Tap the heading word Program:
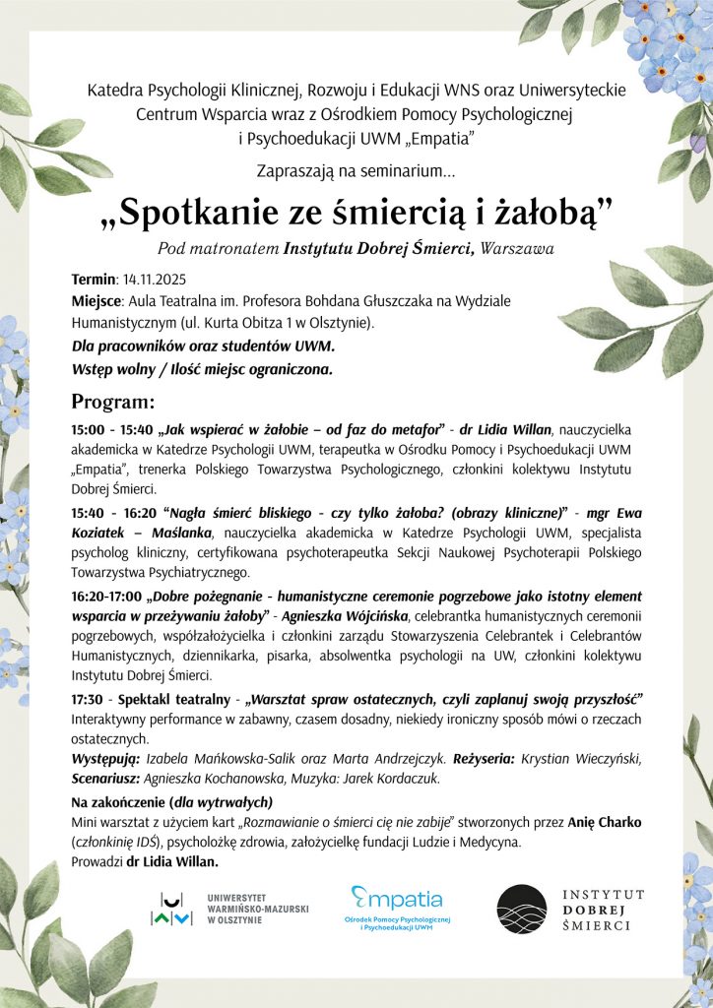[x=113, y=402]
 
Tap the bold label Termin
[x=94, y=279]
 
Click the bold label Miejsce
[x=96, y=299]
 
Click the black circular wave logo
[x=521, y=908]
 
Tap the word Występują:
[x=106, y=759]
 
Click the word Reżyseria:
[x=490, y=759]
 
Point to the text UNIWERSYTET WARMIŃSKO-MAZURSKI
[x=258, y=907]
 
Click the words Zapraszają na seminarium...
[x=356, y=171]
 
